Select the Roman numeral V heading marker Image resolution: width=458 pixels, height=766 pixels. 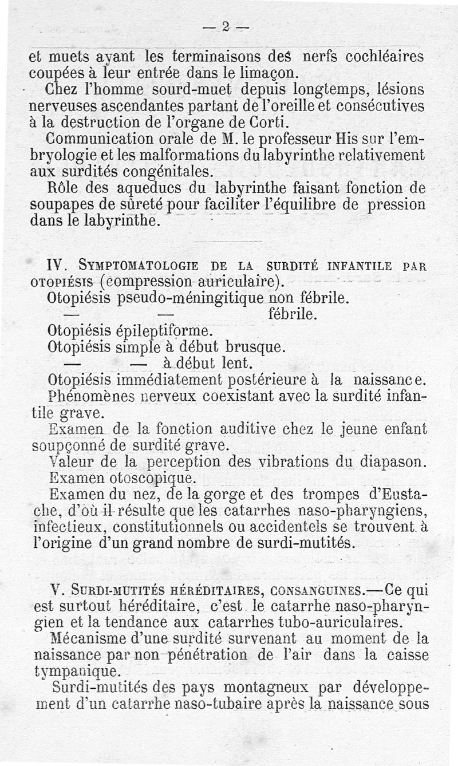pos(56,589)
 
